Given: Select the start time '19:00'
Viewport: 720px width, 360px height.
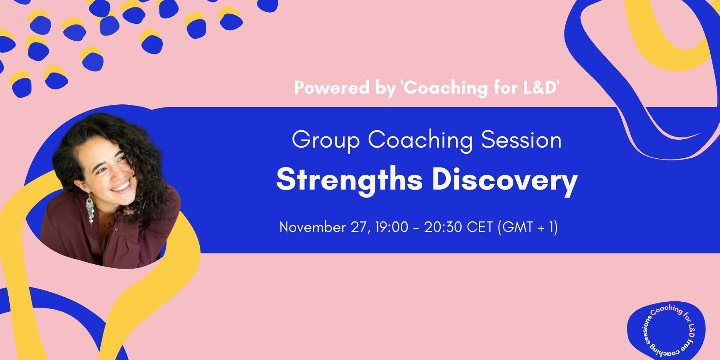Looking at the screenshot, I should (392, 227).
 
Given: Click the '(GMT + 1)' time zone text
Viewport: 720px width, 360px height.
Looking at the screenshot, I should (527, 227).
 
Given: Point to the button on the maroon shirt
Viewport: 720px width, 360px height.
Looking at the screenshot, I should (116, 229).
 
